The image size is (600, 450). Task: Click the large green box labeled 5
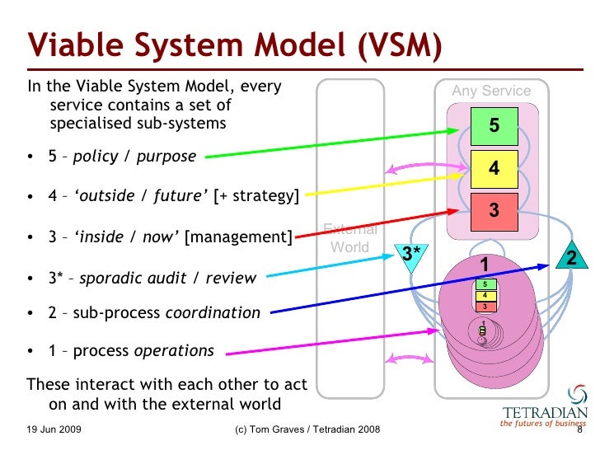pyautogui.click(x=494, y=126)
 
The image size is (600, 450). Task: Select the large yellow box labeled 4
pyautogui.click(x=494, y=168)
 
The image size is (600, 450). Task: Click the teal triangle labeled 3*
pyautogui.click(x=410, y=255)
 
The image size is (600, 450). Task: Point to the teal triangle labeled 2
pyautogui.click(x=571, y=256)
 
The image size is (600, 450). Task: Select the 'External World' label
pyautogui.click(x=349, y=238)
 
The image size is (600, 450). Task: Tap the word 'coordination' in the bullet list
pyautogui.click(x=213, y=312)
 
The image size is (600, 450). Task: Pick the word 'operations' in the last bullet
pyautogui.click(x=174, y=351)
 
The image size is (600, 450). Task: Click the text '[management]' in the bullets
pyautogui.click(x=238, y=237)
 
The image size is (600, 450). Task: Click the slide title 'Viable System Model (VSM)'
pyautogui.click(x=232, y=47)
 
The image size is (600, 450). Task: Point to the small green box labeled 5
pyautogui.click(x=485, y=284)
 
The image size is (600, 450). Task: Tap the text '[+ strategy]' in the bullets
pyautogui.click(x=255, y=196)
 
